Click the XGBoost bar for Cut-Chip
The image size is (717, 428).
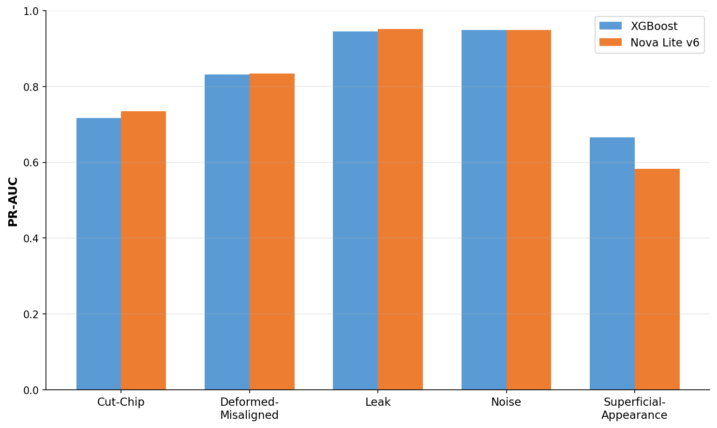tap(99, 254)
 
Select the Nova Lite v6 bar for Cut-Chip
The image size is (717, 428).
tap(143, 251)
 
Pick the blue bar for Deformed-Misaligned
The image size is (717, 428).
tap(227, 232)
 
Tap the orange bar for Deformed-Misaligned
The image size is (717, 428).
tap(272, 232)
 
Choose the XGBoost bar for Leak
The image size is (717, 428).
tap(355, 210)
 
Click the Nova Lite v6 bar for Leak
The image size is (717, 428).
tap(400, 209)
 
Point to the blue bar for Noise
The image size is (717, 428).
tap(484, 210)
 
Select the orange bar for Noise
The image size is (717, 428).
tap(529, 210)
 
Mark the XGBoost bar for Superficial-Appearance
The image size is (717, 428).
tap(612, 264)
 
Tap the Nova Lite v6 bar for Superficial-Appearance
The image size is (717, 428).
tap(657, 279)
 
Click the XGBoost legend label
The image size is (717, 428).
tap(654, 26)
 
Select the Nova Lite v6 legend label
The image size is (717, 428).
tap(665, 43)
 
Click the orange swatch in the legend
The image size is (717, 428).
tap(610, 43)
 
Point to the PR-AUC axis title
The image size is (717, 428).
tap(13, 201)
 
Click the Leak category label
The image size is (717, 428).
tap(378, 402)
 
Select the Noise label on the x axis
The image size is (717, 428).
tap(506, 402)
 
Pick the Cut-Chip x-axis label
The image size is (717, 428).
tap(121, 402)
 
